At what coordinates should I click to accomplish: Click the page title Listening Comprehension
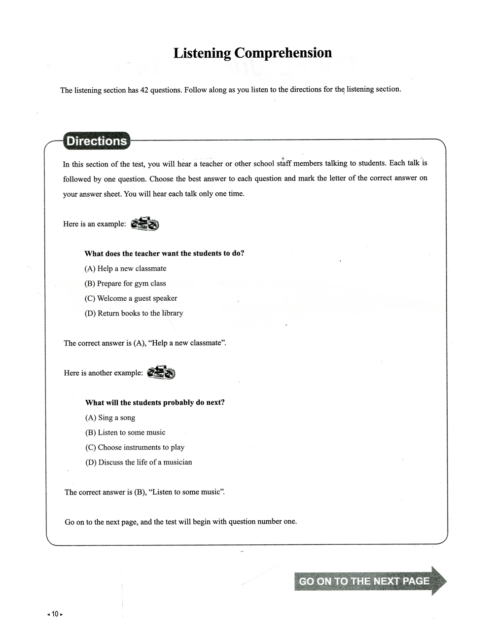click(x=252, y=53)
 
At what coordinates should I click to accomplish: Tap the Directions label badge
click(x=97, y=141)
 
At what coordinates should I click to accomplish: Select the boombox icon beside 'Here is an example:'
click(x=145, y=224)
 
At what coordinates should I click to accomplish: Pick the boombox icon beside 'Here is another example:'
click(x=161, y=373)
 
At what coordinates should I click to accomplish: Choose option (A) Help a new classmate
click(x=125, y=269)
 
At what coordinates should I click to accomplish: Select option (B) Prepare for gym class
click(x=125, y=284)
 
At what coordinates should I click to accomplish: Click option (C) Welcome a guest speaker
click(x=131, y=298)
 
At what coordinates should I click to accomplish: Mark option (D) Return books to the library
click(x=134, y=313)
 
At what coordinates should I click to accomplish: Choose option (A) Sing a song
click(x=110, y=418)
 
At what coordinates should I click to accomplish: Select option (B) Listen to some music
click(x=125, y=432)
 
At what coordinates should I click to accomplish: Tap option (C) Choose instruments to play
click(x=135, y=447)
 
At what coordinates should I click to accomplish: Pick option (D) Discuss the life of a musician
click(x=139, y=462)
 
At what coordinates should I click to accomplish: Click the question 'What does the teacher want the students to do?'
click(x=164, y=253)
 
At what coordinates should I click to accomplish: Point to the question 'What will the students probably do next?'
click(x=155, y=402)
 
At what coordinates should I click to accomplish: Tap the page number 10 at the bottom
click(x=55, y=614)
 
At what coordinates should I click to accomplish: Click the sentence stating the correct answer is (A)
click(x=145, y=343)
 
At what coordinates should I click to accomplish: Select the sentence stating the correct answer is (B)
click(x=144, y=492)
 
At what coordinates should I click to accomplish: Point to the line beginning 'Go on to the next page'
click(x=180, y=522)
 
